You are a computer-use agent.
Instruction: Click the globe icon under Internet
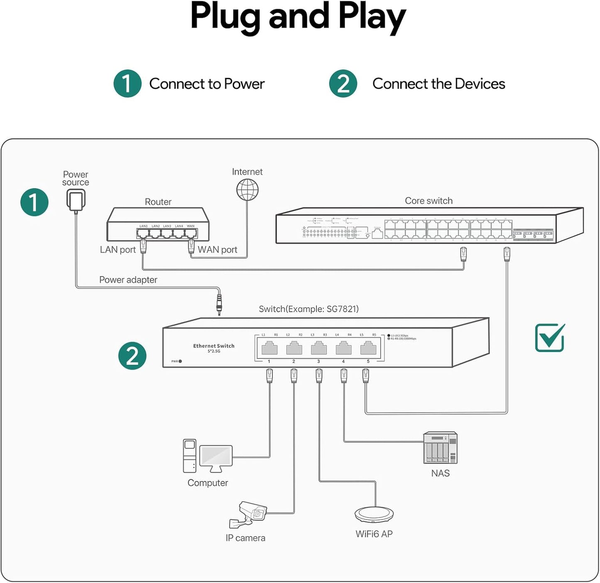[247, 190]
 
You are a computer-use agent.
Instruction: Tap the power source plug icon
[76, 200]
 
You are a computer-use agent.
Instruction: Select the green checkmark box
[549, 338]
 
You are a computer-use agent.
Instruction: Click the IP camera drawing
[249, 515]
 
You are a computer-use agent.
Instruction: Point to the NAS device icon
[440, 448]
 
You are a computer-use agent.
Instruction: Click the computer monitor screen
[216, 456]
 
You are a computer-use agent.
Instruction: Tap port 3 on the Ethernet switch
[318, 347]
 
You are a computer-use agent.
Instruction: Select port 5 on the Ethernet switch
[368, 347]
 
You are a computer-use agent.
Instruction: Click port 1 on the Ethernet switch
[269, 347]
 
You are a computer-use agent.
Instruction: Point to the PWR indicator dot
[180, 361]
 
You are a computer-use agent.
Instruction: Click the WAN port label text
[217, 250]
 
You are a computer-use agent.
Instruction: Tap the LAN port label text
[118, 250]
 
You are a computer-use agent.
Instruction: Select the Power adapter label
[128, 280]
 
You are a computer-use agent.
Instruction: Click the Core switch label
[429, 201]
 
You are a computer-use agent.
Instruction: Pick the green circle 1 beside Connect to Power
[127, 83]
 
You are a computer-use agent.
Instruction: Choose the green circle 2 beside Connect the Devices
[343, 83]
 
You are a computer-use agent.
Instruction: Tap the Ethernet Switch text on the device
[213, 346]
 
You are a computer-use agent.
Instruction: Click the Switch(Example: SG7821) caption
[309, 309]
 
